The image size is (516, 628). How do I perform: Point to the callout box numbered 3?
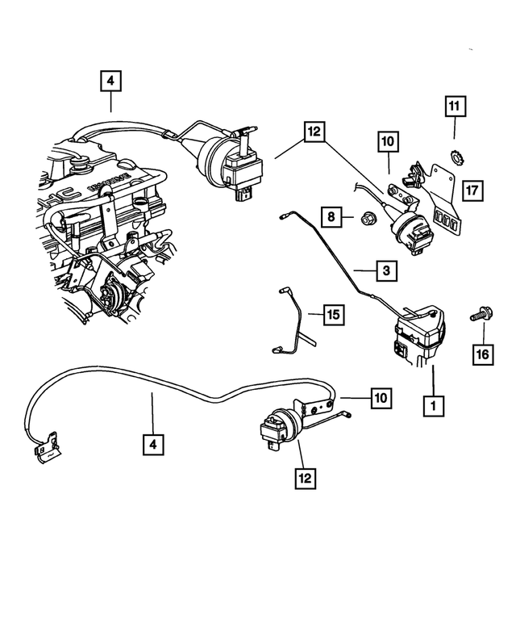click(x=387, y=271)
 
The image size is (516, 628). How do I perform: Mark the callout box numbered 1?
click(x=435, y=403)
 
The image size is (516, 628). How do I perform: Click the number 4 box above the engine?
click(x=110, y=82)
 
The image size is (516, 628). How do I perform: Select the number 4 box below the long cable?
click(x=152, y=442)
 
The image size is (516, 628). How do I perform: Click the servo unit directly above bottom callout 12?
click(x=277, y=425)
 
